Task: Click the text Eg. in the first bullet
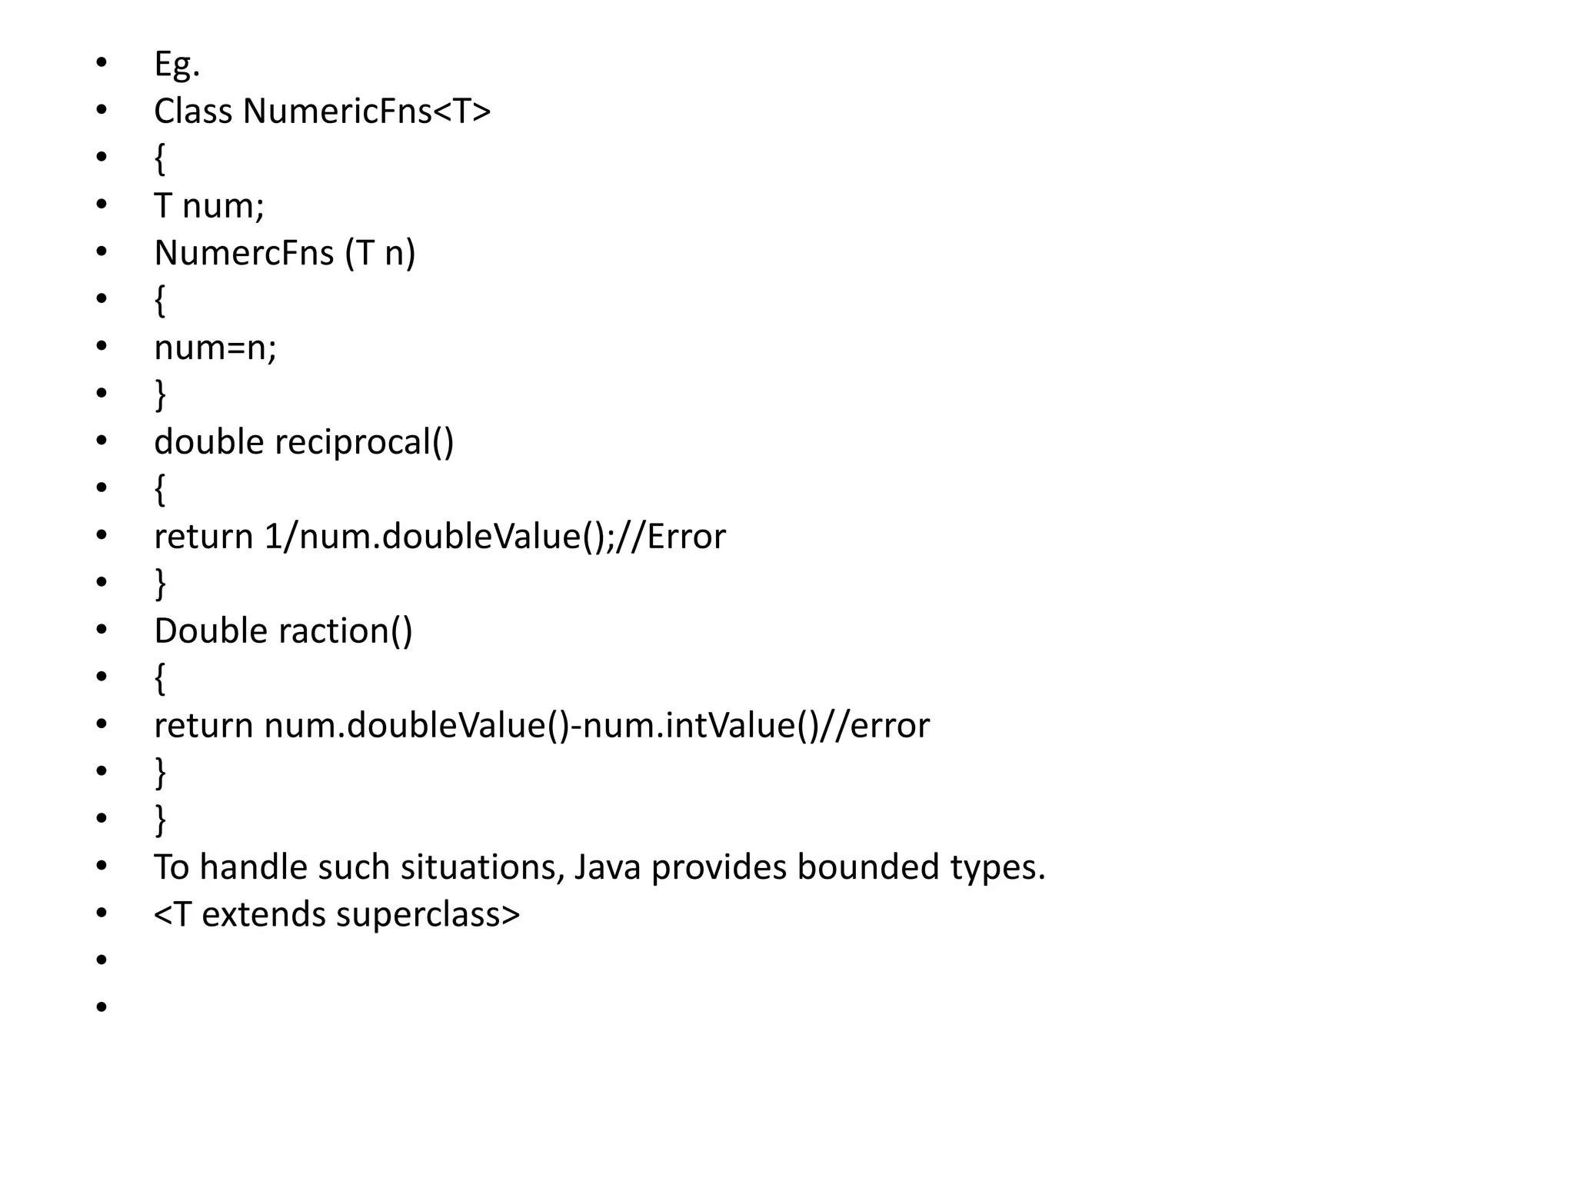[x=177, y=65]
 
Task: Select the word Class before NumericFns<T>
[x=193, y=111]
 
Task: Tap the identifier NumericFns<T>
[x=367, y=111]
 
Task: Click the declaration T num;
[x=209, y=206]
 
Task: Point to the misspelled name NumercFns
[x=244, y=253]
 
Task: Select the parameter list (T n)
[x=380, y=253]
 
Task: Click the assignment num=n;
[x=215, y=348]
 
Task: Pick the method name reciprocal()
[x=364, y=442]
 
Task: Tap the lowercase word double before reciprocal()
[x=208, y=442]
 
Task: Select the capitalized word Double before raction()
[x=210, y=631]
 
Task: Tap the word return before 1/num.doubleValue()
[x=203, y=537]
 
